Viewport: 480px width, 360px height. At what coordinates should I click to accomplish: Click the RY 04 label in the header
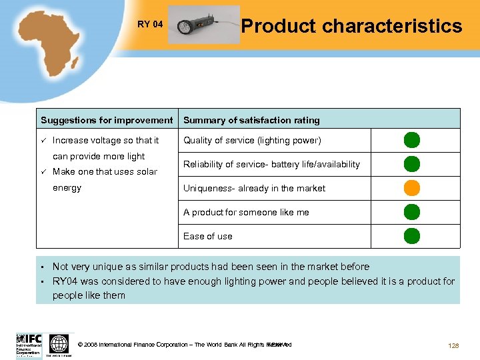click(150, 25)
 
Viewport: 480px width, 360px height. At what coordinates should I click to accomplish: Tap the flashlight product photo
click(203, 25)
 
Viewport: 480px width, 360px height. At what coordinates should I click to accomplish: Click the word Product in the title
click(278, 26)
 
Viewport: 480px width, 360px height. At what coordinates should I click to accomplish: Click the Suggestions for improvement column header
click(107, 121)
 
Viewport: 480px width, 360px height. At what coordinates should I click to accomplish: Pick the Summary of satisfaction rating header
click(251, 121)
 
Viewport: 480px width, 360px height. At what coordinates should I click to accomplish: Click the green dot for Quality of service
click(412, 140)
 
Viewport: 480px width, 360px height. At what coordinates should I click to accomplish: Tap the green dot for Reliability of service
click(412, 164)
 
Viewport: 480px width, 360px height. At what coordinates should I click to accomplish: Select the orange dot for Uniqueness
click(412, 188)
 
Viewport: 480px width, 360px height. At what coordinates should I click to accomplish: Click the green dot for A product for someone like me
click(412, 212)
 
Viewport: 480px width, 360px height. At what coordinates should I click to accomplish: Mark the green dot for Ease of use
click(412, 236)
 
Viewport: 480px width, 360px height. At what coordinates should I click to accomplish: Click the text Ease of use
click(207, 236)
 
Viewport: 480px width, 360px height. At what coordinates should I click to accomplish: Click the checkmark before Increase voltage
click(43, 141)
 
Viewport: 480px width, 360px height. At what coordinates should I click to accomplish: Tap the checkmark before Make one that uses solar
click(43, 172)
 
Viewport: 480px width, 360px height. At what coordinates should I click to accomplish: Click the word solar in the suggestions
click(146, 172)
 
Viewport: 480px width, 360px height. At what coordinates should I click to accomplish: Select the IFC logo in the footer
click(29, 345)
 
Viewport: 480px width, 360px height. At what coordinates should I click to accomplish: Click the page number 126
click(454, 345)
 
